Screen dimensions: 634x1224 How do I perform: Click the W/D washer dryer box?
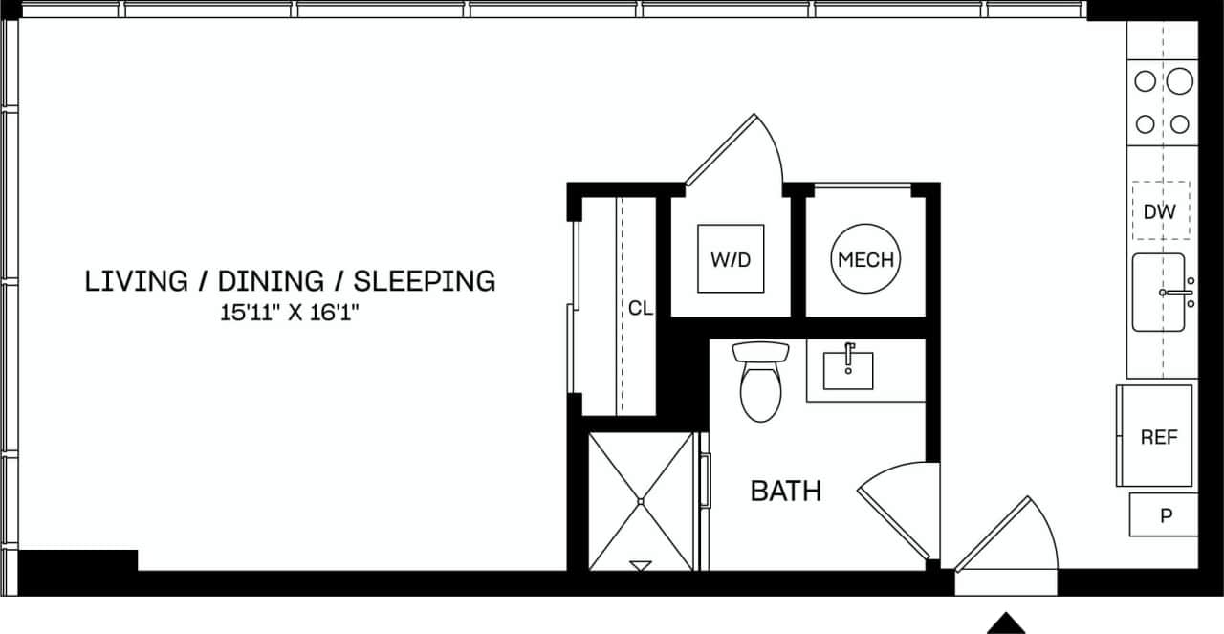click(x=731, y=258)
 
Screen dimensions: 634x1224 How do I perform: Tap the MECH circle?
click(x=865, y=259)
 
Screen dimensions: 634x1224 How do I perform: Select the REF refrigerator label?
click(x=1158, y=437)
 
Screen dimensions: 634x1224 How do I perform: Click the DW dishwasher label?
click(x=1159, y=211)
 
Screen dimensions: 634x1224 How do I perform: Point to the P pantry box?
click(x=1165, y=515)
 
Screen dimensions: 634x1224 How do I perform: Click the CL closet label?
click(x=640, y=308)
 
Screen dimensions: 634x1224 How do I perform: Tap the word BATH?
click(x=785, y=492)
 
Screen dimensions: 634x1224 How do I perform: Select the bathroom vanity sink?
click(x=848, y=369)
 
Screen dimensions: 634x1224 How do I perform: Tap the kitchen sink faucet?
click(x=1176, y=293)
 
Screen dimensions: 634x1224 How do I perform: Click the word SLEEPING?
click(x=425, y=281)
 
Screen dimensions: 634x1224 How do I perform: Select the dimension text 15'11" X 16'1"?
click(x=290, y=312)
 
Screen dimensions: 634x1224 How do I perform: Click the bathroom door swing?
click(x=899, y=507)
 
